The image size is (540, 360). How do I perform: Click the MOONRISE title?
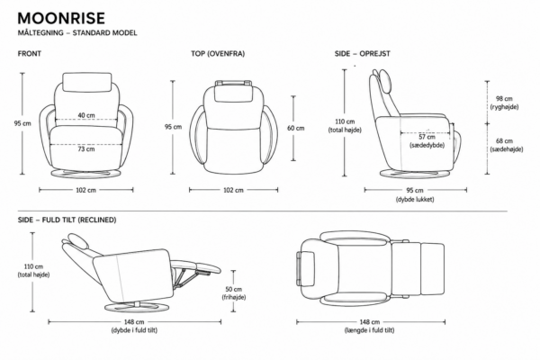pos(61,18)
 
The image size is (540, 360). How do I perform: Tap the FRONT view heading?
pos(30,53)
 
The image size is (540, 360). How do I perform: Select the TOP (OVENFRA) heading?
pos(218,53)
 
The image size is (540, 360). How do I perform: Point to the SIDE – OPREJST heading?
pos(363,53)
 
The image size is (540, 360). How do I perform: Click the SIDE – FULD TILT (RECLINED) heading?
pos(67,220)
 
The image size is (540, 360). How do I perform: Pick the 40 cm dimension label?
pos(86,115)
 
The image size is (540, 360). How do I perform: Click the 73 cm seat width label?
pos(86,148)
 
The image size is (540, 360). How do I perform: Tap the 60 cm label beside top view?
pos(296,128)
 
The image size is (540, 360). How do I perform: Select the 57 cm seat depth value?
pos(427,137)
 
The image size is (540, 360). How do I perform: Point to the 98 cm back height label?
pos(504,99)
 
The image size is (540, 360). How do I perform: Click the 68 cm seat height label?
pos(504,141)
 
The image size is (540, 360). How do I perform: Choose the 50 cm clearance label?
pos(233,290)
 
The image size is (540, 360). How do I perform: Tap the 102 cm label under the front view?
pos(86,190)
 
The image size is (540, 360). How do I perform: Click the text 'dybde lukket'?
pos(415,199)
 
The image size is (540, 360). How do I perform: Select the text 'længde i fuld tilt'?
pos(370,330)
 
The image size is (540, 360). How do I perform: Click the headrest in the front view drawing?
pos(87,82)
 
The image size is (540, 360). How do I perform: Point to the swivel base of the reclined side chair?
pos(137,307)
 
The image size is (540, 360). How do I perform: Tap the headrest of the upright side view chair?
pos(385,80)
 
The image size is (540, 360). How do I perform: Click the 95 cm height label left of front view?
pos(22,123)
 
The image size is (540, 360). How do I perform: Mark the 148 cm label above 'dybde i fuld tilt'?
pos(134,322)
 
